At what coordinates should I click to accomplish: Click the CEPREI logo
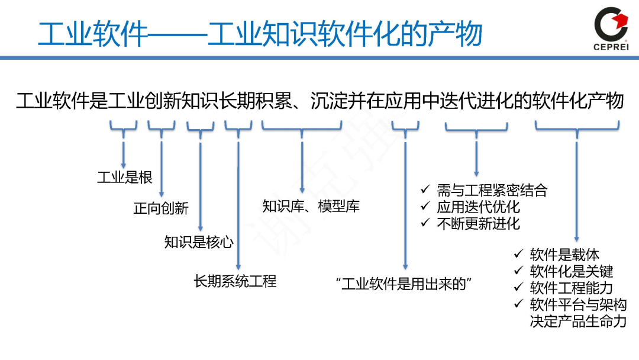coord(611,28)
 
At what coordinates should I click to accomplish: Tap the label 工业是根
coord(124,177)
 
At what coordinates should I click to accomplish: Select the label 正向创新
coord(161,208)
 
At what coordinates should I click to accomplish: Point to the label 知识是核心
coord(199,242)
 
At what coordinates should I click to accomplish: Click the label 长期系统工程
coord(235,281)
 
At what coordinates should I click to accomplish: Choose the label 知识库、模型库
coord(311,206)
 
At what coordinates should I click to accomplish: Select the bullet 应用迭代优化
coord(478,207)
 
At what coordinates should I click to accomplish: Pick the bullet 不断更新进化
coord(478,223)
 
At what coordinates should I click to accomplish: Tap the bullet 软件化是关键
coord(572,271)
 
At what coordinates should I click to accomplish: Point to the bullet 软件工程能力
coord(572,288)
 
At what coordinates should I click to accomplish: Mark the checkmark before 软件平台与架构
coord(518,304)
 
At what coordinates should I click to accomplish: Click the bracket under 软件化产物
coord(577,126)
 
